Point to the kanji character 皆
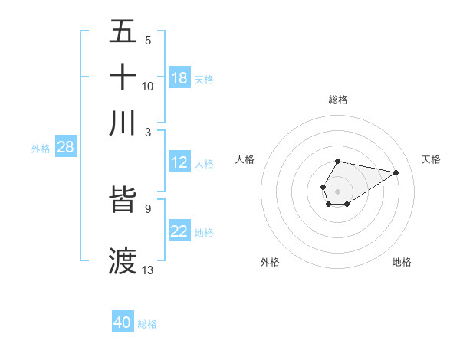pyautogui.click(x=123, y=199)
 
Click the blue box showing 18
pyautogui.click(x=179, y=78)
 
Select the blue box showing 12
pyautogui.click(x=179, y=162)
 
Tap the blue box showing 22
pyautogui.click(x=179, y=231)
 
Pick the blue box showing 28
pyautogui.click(x=65, y=147)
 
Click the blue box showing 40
pyautogui.click(x=123, y=322)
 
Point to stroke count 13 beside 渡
pyautogui.click(x=148, y=270)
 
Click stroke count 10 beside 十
pyautogui.click(x=148, y=86)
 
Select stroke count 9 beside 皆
pyautogui.click(x=148, y=208)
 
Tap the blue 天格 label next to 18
pyautogui.click(x=204, y=79)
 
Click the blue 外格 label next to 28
pyautogui.click(x=41, y=149)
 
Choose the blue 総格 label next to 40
pyautogui.click(x=147, y=324)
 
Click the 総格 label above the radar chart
pyautogui.click(x=337, y=100)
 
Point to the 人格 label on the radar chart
pyautogui.click(x=245, y=159)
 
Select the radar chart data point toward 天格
pyautogui.click(x=396, y=172)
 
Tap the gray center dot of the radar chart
pyautogui.click(x=337, y=190)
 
